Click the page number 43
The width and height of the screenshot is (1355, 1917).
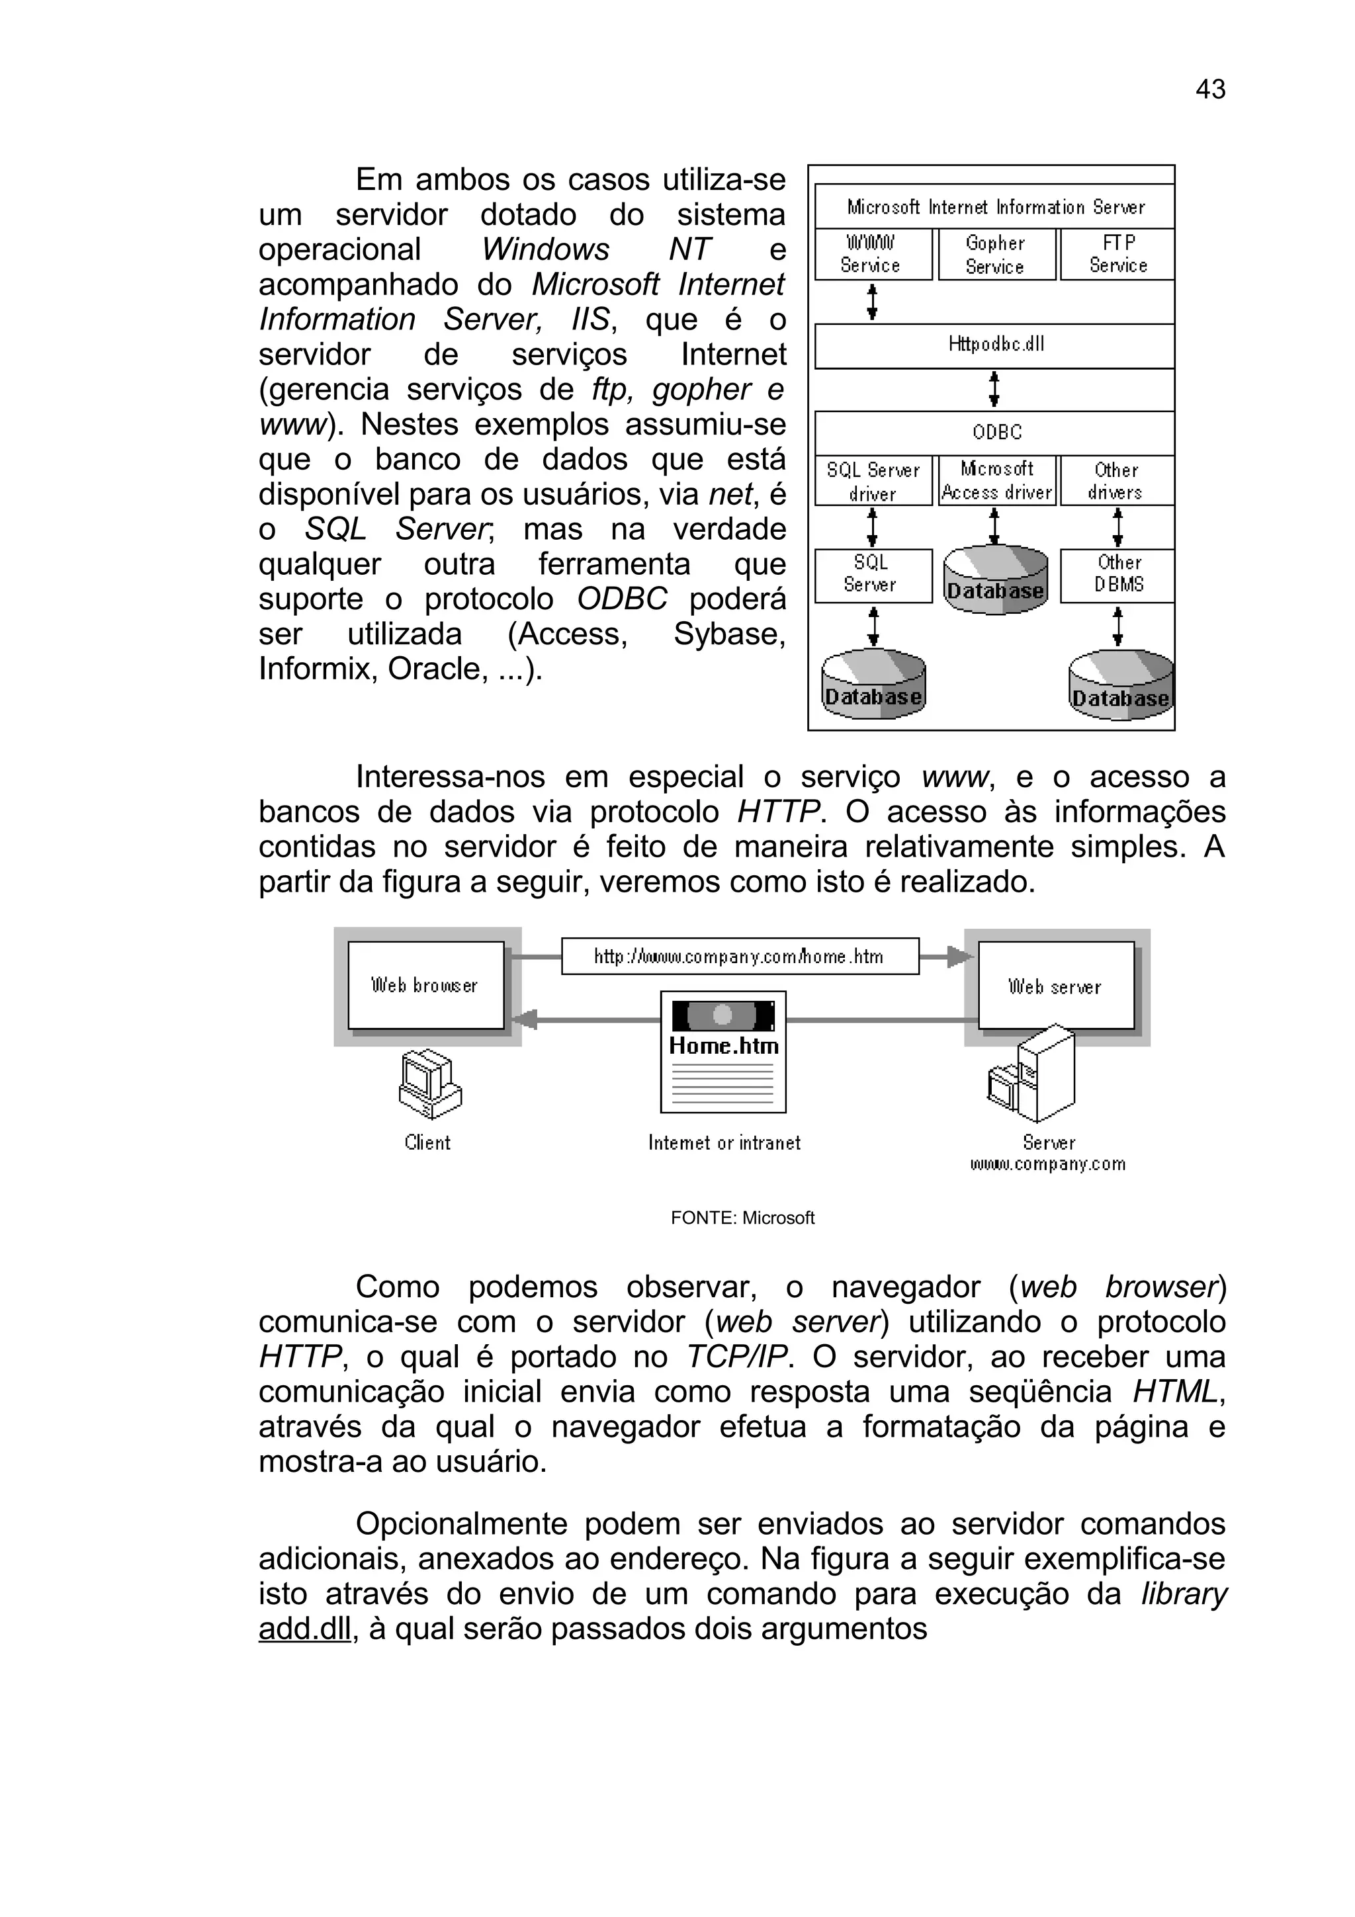pyautogui.click(x=1209, y=89)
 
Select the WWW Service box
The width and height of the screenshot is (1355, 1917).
pyautogui.click(x=873, y=254)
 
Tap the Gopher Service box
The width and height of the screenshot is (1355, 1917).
pyautogui.click(x=996, y=255)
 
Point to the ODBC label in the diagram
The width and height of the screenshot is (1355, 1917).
pyautogui.click(x=997, y=433)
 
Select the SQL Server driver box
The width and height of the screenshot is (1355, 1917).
pyautogui.click(x=873, y=481)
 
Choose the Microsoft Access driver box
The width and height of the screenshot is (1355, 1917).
pyautogui.click(x=997, y=481)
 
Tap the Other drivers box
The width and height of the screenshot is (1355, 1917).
pyautogui.click(x=1116, y=481)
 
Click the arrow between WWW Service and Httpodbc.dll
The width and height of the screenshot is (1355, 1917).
pyautogui.click(x=873, y=302)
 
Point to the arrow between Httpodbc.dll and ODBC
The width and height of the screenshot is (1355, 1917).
pyautogui.click(x=994, y=389)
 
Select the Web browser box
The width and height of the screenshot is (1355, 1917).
pyautogui.click(x=426, y=985)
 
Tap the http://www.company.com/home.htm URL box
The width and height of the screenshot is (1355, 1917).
pyautogui.click(x=740, y=957)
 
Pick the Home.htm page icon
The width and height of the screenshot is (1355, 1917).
pyautogui.click(x=723, y=1051)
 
